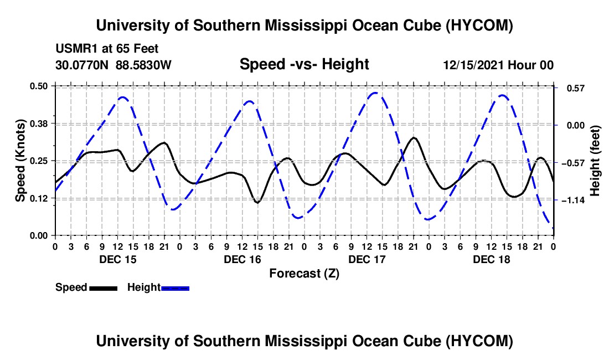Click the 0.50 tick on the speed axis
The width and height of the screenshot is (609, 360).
coord(38,86)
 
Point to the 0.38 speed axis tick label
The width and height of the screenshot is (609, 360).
coord(38,124)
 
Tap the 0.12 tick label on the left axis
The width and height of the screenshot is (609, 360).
coord(38,198)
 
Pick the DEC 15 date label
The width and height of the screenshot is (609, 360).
coord(118,259)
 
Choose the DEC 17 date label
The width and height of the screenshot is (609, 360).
coord(367,259)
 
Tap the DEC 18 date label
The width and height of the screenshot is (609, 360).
coord(491,259)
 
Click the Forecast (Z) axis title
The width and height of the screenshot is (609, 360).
coord(304,274)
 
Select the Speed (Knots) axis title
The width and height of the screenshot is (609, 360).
coord(20,161)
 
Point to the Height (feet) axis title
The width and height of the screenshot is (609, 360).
coord(595,161)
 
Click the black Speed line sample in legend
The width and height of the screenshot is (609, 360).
coord(104,289)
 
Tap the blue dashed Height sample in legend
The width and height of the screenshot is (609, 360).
coord(175,289)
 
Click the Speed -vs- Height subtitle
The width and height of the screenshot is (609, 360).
coord(304,64)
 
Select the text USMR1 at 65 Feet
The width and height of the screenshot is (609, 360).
coord(107,49)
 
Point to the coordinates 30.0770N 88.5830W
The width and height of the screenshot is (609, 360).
coord(113,65)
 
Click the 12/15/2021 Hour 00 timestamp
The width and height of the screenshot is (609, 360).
coord(498,65)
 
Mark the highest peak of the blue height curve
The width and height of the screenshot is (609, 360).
coord(375,93)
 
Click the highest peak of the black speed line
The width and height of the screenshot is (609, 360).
coord(414,137)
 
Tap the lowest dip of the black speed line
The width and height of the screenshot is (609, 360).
coord(257,202)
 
